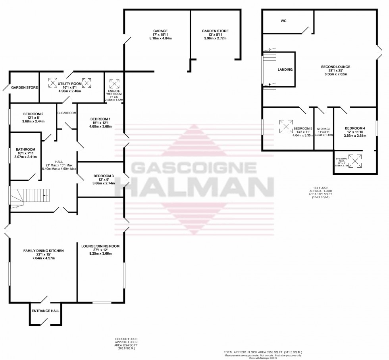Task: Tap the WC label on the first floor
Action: (x=283, y=21)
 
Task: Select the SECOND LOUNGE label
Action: (x=335, y=66)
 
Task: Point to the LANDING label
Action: (x=285, y=70)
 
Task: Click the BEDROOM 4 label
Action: (x=354, y=128)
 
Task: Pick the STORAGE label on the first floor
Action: (x=324, y=129)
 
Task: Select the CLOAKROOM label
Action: (x=66, y=113)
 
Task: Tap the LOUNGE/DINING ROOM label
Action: (x=101, y=247)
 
